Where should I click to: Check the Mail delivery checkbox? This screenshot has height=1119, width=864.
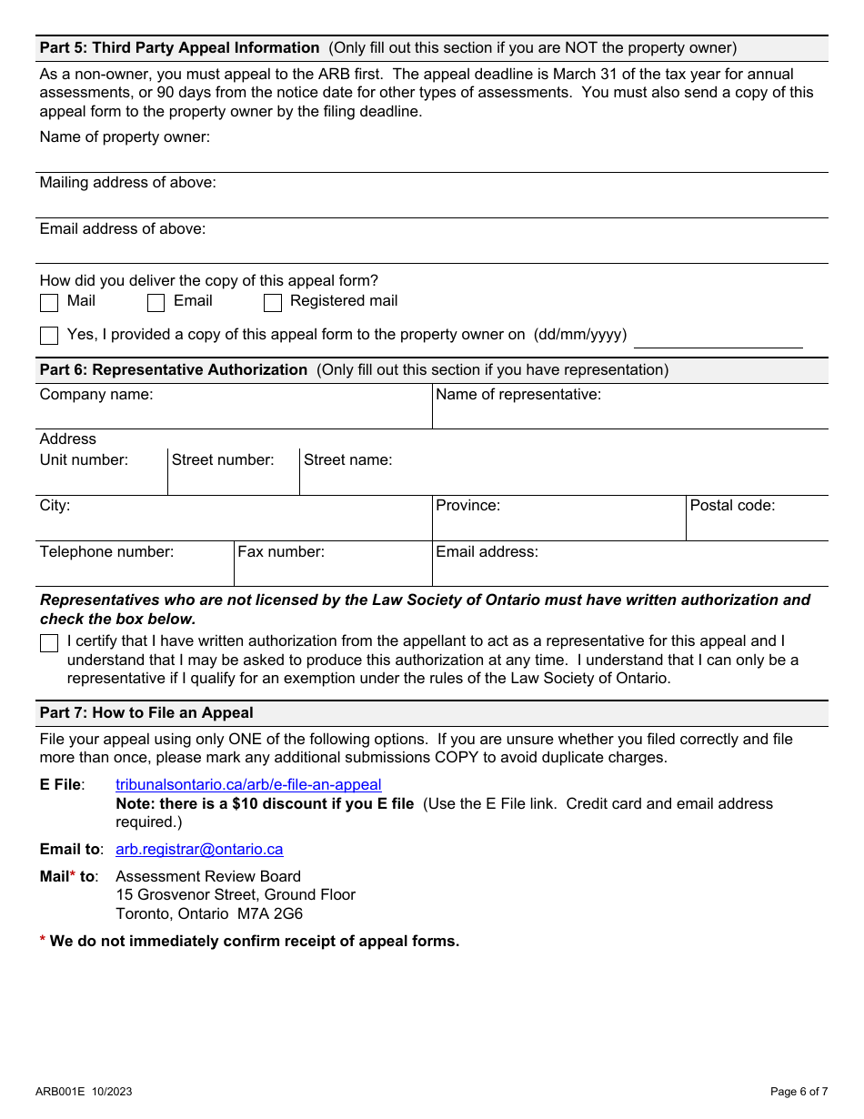(49, 302)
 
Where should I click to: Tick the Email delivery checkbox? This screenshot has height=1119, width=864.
(156, 302)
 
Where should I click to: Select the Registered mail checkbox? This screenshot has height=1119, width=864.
(272, 302)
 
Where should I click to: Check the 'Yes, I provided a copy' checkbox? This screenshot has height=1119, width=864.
(49, 336)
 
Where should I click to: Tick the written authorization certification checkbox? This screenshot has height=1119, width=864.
(49, 643)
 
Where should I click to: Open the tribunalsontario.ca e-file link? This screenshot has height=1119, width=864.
(248, 784)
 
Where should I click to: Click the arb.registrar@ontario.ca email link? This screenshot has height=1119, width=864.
(199, 849)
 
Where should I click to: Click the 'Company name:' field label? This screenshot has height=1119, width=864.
(96, 394)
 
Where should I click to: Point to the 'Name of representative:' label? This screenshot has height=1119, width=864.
(518, 394)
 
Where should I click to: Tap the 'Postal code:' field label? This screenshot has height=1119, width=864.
(732, 505)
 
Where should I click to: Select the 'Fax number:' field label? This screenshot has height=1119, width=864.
(281, 551)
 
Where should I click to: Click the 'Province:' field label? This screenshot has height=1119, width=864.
(467, 505)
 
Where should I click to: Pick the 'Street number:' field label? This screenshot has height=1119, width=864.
(223, 459)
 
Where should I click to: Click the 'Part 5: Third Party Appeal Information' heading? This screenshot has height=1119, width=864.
(179, 47)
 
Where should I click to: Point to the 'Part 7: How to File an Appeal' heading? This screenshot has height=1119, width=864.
(146, 712)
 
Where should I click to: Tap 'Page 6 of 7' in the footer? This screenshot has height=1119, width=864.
(799, 1092)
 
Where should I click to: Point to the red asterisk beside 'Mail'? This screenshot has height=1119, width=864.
(73, 874)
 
